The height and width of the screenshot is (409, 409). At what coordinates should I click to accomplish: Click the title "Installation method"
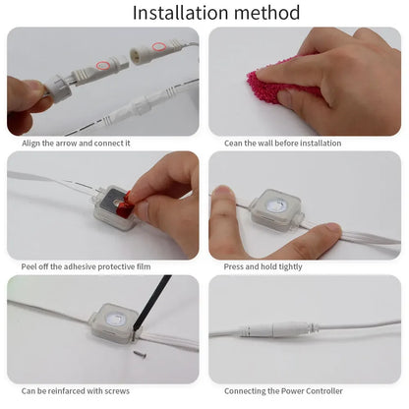[204, 13]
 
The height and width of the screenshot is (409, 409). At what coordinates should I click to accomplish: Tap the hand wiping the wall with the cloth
[339, 74]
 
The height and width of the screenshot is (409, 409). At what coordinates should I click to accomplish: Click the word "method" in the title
[258, 13]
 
